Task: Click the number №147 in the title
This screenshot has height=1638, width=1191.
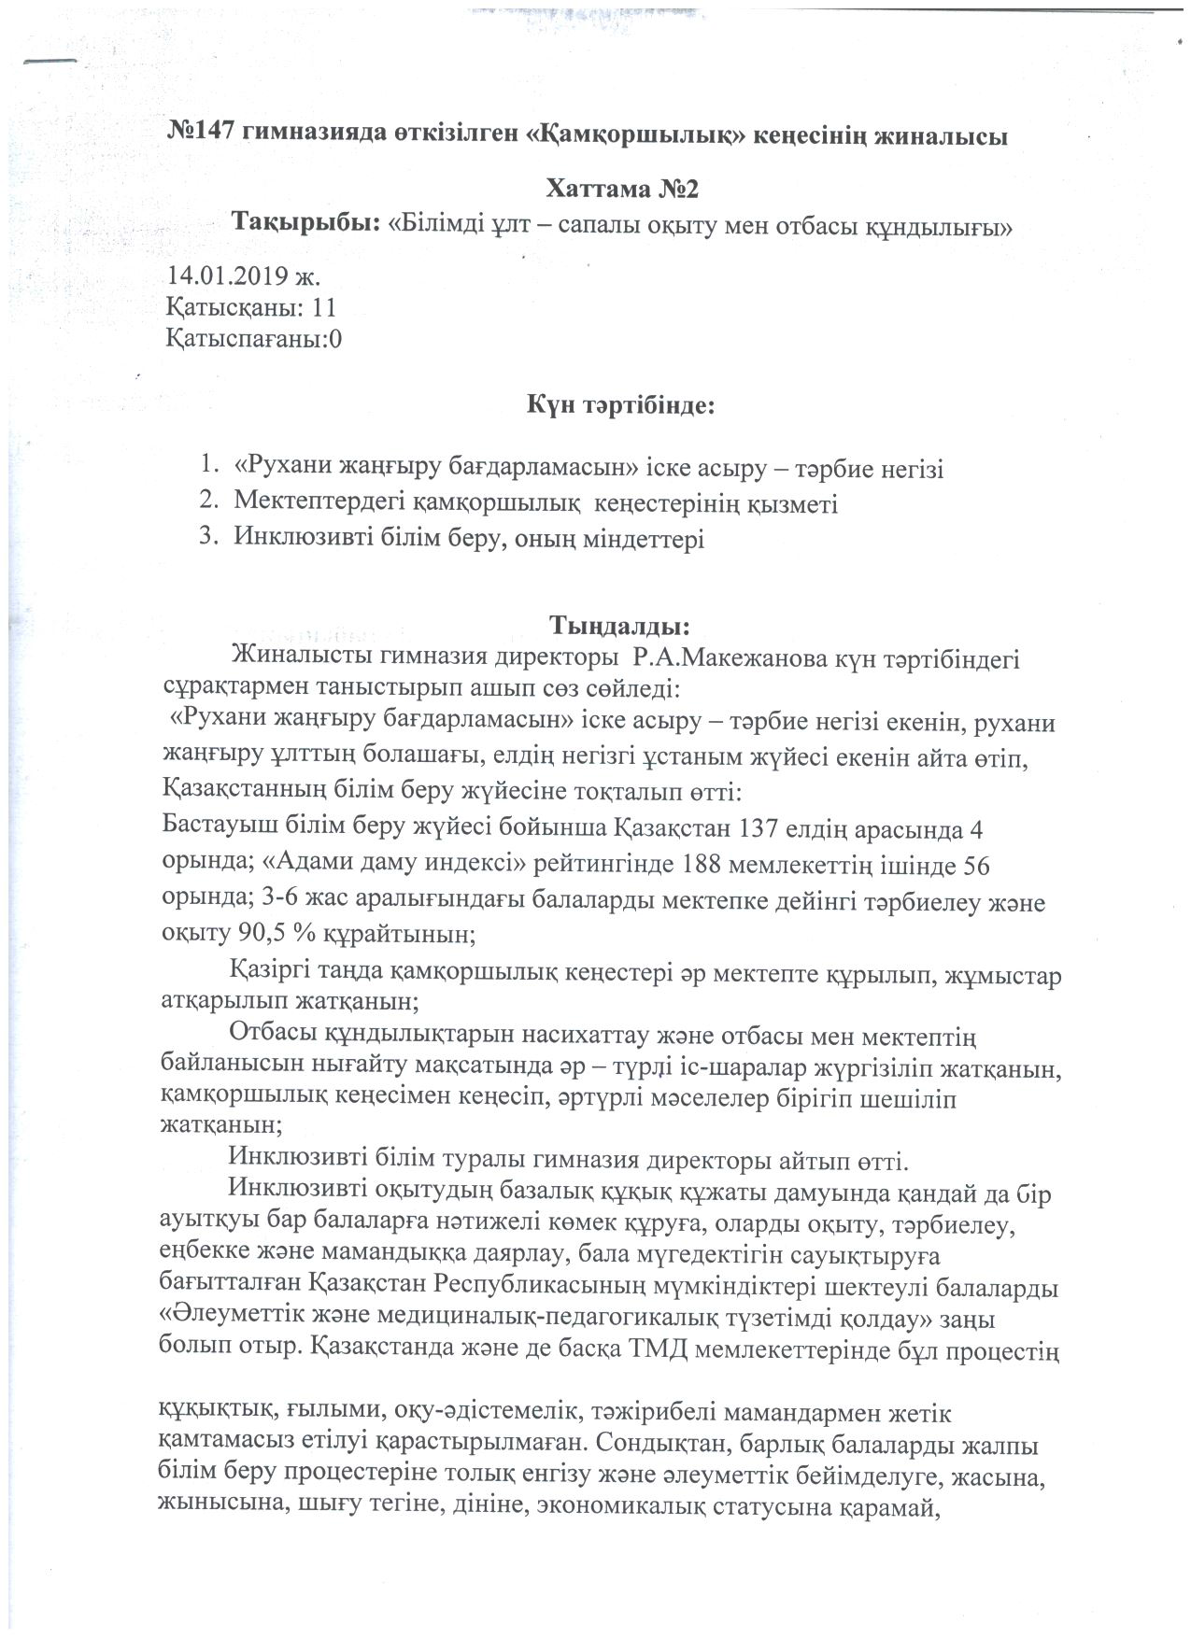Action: point(201,134)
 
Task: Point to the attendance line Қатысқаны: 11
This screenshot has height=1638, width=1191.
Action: point(250,307)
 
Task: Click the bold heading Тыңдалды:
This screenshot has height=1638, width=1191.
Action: point(620,622)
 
